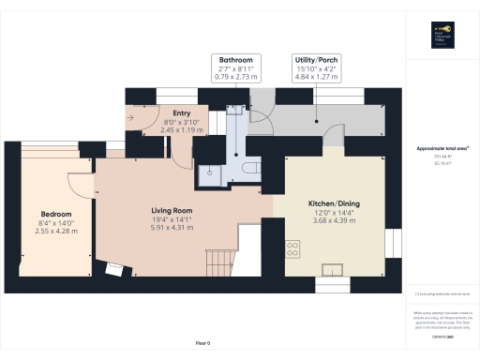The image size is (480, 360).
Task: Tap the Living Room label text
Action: coord(172,210)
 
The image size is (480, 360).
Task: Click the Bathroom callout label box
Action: coord(236,68)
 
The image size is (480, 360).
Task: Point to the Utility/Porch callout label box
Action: coord(316,68)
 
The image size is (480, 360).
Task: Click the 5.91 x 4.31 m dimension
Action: coord(172,228)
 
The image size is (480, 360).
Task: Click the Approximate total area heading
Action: coord(442,148)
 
